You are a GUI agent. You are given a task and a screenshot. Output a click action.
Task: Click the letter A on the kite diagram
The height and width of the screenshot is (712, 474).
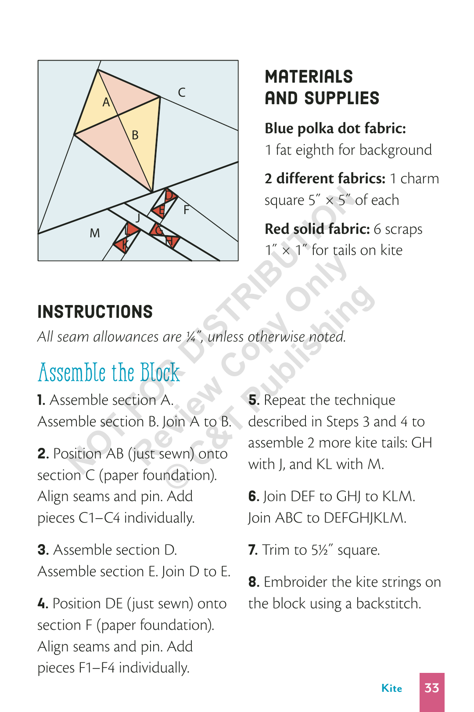[x=106, y=102]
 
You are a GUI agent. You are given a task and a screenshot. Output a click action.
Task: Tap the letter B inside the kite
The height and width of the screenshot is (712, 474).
[x=135, y=135]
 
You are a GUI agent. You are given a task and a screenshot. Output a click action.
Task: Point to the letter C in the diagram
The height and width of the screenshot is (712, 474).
[x=182, y=92]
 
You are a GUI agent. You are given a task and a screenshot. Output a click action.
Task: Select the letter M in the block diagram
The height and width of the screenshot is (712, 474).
[x=95, y=233]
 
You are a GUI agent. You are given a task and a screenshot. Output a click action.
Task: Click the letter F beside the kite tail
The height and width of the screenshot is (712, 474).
[x=187, y=210]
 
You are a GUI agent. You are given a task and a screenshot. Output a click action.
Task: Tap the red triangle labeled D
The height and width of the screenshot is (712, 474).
[x=169, y=195]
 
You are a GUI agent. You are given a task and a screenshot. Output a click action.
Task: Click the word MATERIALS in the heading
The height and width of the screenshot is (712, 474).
[x=309, y=77]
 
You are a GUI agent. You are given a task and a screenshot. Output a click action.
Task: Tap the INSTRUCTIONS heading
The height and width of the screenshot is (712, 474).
[x=95, y=312]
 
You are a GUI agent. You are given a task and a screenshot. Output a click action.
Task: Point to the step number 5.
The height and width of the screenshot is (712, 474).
[x=253, y=400]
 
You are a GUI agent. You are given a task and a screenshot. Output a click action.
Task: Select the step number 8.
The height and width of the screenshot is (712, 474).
[x=253, y=582]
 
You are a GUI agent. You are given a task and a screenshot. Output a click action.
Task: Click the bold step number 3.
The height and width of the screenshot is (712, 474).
[x=43, y=550]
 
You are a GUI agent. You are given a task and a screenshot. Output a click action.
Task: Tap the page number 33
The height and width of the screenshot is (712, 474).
[x=432, y=688]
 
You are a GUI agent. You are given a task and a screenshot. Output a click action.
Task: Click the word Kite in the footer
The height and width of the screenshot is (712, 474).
[x=391, y=688]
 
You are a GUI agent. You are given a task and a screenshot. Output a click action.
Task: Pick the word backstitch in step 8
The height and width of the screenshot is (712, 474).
[x=388, y=603]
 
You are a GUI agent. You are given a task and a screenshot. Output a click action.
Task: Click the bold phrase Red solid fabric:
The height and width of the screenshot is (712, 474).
[x=317, y=229]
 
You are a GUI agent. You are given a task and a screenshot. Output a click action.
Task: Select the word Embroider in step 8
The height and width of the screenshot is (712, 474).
[x=295, y=582]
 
